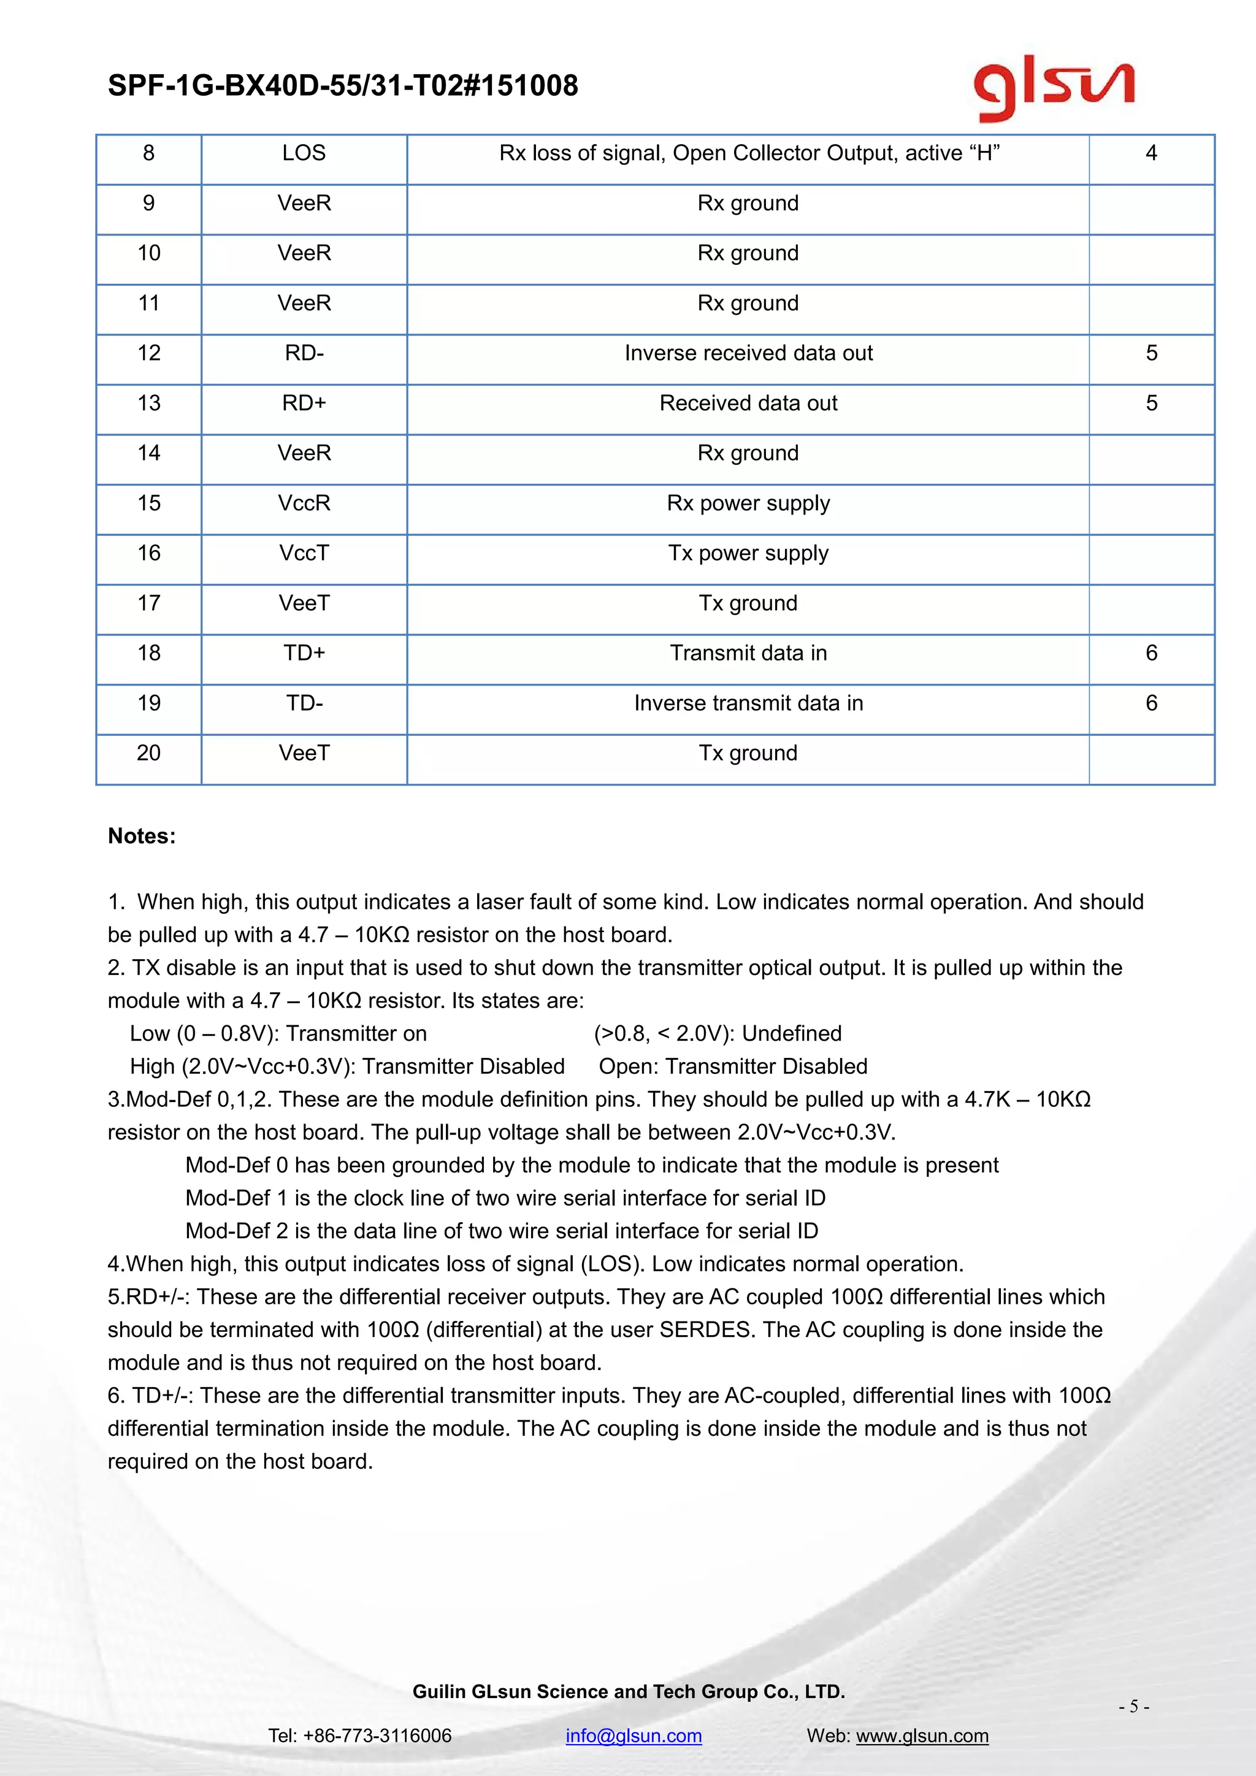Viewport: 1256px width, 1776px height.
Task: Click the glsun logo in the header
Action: [1054, 86]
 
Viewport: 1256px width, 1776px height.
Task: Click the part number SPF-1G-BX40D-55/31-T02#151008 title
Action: [343, 86]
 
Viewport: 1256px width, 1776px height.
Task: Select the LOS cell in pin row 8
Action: [304, 153]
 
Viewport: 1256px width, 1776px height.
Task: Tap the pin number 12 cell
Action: [148, 353]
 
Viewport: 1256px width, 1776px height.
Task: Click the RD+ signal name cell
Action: [304, 403]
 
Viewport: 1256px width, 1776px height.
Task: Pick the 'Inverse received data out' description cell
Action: [748, 353]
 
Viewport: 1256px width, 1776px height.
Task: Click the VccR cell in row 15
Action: [304, 503]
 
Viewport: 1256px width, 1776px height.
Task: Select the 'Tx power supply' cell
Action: [748, 553]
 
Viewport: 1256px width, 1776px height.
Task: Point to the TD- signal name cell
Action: [304, 703]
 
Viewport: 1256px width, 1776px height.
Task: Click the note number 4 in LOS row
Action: [1151, 153]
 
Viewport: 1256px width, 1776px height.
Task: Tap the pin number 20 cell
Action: [148, 754]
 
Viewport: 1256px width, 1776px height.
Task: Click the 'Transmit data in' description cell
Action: [748, 654]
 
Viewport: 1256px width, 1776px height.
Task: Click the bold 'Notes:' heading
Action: [142, 836]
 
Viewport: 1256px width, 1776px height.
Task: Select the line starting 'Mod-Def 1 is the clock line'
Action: [505, 1198]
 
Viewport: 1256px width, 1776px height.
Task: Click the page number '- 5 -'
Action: [1133, 1706]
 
